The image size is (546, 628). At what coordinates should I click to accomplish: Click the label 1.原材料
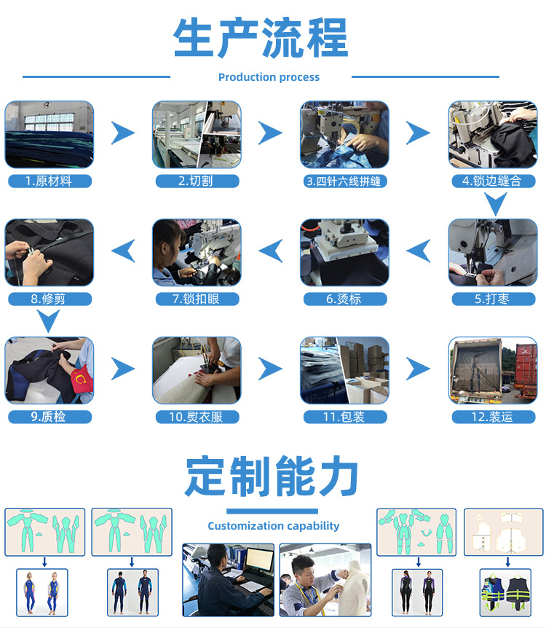coord(50,181)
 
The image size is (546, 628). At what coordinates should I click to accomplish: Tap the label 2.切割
coord(197,181)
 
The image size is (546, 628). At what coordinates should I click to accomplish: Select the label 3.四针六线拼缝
coord(344,181)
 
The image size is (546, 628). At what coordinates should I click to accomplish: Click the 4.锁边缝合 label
coord(492,181)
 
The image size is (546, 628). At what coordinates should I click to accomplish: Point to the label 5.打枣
coord(492,299)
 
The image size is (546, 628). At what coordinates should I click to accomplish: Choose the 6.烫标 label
coord(344,299)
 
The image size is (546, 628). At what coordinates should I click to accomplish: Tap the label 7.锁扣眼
coord(197,299)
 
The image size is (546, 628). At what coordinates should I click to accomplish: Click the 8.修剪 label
coord(50,299)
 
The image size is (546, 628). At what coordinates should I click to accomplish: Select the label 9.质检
coord(50,417)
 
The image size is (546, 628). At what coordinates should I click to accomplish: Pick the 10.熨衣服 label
coord(197,417)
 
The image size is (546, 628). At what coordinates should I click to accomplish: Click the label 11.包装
coord(344,417)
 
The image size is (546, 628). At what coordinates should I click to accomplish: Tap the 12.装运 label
coord(492,417)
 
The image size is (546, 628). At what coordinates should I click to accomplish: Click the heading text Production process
coord(269,77)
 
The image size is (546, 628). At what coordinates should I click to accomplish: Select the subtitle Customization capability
coord(273,525)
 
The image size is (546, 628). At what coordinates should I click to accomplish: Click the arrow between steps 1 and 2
coord(123,133)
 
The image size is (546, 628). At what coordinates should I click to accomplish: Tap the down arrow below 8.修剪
coord(49,321)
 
